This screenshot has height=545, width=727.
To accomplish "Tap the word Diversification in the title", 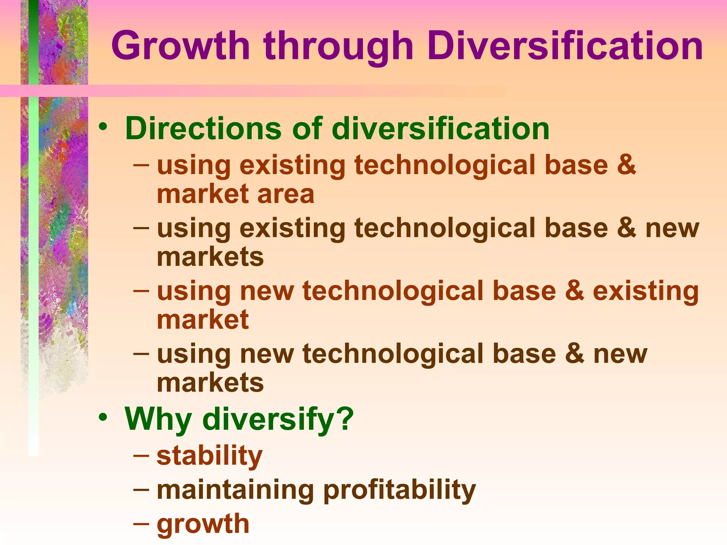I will click(564, 46).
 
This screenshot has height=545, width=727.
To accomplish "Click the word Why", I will click(158, 420).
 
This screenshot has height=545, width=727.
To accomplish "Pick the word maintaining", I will click(235, 490).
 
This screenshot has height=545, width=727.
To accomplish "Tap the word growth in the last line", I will click(203, 524).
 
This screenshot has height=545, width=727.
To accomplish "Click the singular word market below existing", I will click(203, 320).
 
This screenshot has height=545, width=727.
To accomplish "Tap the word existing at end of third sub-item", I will click(646, 291).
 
